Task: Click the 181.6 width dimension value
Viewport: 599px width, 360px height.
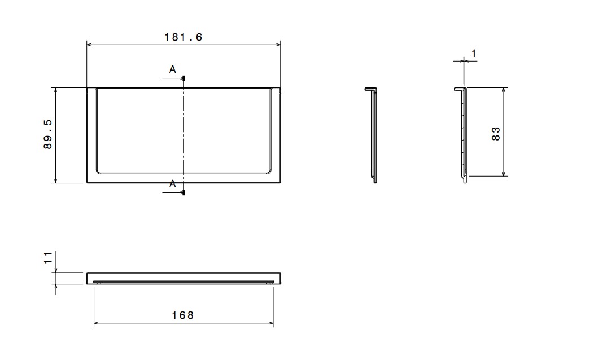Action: tap(183, 37)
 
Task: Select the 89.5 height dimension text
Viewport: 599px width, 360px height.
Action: tap(48, 134)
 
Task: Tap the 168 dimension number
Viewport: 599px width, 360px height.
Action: tap(183, 315)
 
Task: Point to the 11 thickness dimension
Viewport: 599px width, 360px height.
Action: tap(48, 258)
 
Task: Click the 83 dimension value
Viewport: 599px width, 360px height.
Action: tap(496, 134)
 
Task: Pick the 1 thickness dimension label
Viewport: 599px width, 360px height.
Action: tap(474, 54)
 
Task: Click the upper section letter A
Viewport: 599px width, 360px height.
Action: tap(173, 69)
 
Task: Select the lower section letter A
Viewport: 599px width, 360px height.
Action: tap(173, 184)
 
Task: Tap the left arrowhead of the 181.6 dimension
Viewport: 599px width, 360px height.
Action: tap(89, 45)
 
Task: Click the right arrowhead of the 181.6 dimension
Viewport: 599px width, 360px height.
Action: tap(278, 45)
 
